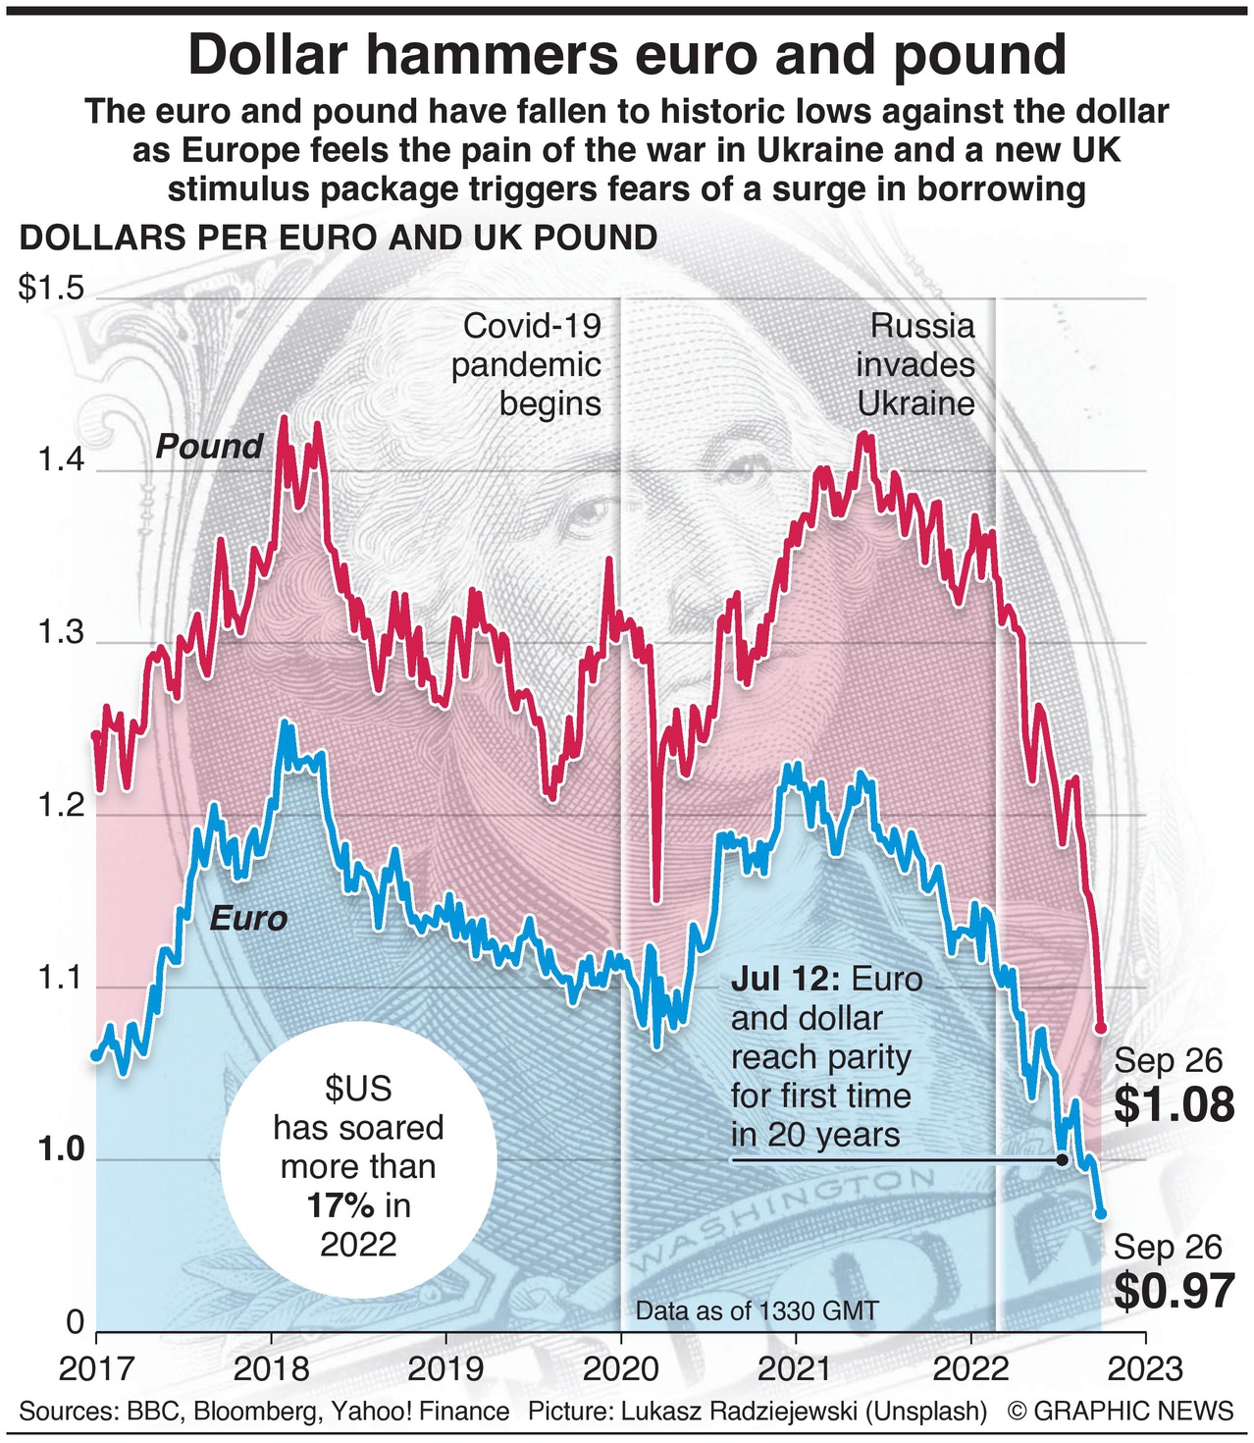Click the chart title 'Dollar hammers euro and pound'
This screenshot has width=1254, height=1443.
pos(627,54)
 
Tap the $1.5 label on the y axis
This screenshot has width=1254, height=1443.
pos(51,290)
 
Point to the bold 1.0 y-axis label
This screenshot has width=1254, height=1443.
pos(61,1149)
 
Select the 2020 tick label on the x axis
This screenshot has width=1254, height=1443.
pos(620,1367)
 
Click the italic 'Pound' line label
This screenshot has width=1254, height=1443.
pos(210,447)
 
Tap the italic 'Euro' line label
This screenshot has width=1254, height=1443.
pos(248,919)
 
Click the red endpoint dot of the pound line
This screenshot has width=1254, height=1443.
pos(1100,1028)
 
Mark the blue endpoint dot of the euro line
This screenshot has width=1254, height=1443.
pos(1100,1213)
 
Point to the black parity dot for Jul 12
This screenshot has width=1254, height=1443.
pos(1062,1159)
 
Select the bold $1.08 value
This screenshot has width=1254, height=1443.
pos(1174,1105)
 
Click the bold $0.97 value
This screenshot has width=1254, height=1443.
pos(1174,1291)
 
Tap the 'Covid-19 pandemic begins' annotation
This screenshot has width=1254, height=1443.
pos(527,364)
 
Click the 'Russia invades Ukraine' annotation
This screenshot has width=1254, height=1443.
pos(915,364)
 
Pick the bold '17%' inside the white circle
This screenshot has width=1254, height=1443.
pos(340,1205)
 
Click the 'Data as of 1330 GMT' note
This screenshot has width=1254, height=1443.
pos(757,1310)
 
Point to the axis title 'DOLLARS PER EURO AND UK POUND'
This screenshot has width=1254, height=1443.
pos(339,239)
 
